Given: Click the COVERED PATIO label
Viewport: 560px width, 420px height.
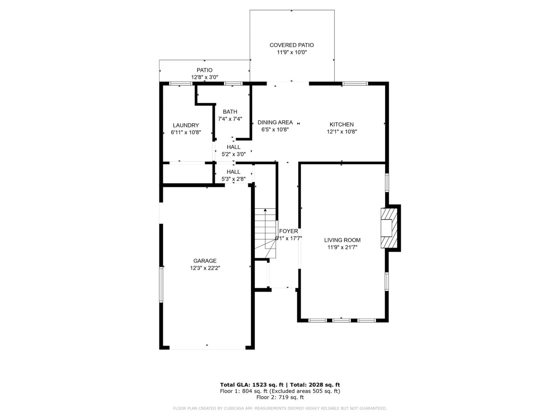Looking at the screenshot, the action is coord(292,45).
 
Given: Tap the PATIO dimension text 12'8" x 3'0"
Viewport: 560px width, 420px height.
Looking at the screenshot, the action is coord(205,77).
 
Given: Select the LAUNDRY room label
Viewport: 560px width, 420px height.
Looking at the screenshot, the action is coord(186,125).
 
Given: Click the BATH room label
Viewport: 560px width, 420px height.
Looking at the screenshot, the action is coord(230,112).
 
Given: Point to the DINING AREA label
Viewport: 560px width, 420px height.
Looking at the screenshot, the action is coord(275,122).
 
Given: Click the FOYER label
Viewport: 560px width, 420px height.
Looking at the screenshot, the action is coord(288,231).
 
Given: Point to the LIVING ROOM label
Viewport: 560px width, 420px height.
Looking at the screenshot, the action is coord(342,240).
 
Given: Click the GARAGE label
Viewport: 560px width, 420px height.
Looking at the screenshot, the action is coord(205,261).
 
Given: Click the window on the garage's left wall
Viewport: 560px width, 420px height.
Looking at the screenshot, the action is coord(161,284).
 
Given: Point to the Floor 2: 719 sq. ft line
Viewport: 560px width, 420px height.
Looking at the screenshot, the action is coord(280,397).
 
